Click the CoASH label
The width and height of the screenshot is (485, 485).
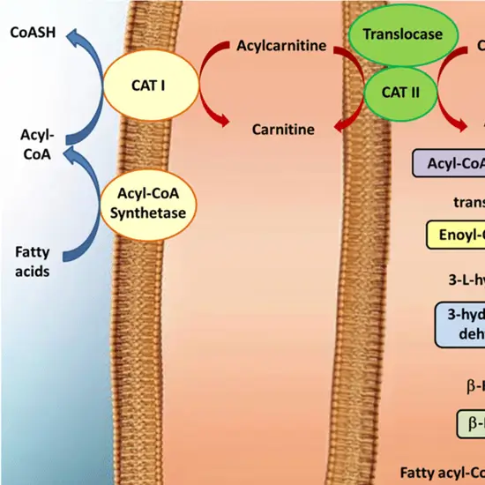pyautogui.click(x=30, y=33)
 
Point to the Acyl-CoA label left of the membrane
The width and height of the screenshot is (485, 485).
pyautogui.click(x=38, y=143)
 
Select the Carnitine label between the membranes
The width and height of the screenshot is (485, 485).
pyautogui.click(x=283, y=129)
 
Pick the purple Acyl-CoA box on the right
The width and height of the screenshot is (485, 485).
pyautogui.click(x=450, y=163)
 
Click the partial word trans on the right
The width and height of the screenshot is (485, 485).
pyautogui.click(x=468, y=201)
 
